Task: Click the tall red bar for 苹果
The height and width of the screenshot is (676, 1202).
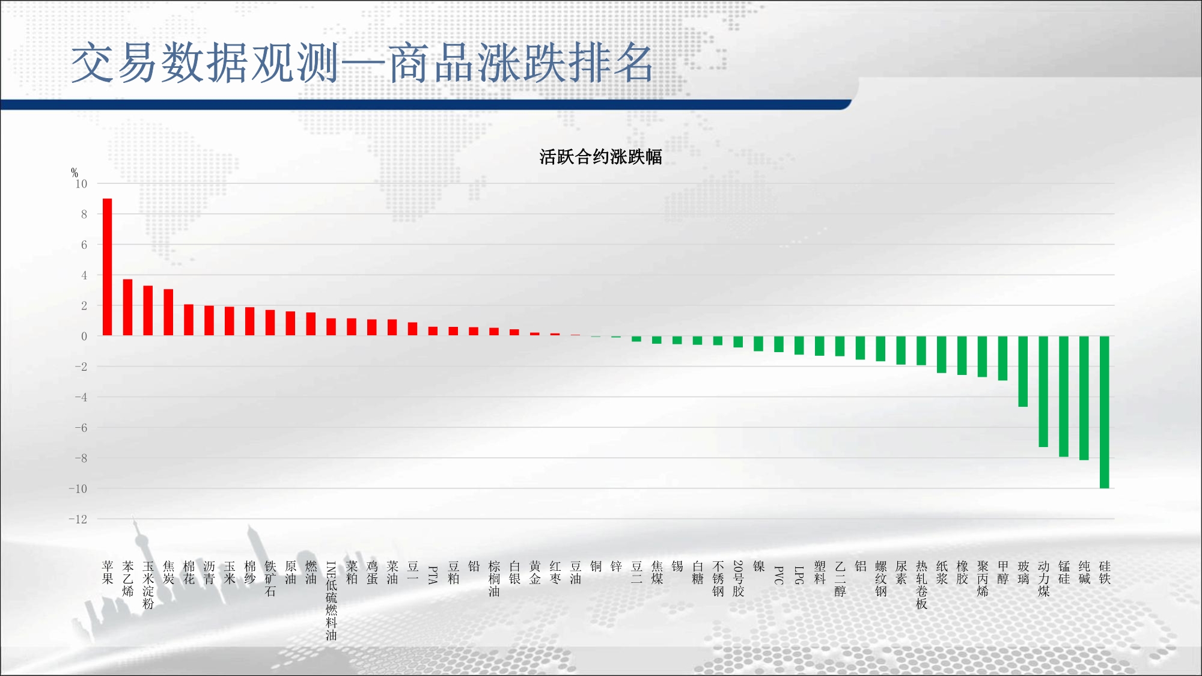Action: point(108,267)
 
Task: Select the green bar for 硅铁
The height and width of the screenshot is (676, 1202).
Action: point(1105,412)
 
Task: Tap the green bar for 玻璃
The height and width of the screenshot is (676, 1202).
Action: point(1023,371)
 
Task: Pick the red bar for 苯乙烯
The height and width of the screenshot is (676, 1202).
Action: point(127,308)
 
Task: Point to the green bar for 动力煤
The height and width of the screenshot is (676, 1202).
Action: point(1043,391)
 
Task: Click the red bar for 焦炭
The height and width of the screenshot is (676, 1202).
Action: point(168,312)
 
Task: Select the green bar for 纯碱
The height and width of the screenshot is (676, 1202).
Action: point(1084,398)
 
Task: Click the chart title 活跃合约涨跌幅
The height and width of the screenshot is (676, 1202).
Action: point(600,157)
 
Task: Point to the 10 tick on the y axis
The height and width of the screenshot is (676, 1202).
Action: point(81,184)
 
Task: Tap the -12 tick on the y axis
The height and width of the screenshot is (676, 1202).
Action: point(78,519)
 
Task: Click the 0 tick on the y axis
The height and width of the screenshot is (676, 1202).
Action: point(84,336)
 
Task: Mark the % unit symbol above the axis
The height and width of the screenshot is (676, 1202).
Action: point(75,173)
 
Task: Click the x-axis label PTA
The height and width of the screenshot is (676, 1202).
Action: point(433,575)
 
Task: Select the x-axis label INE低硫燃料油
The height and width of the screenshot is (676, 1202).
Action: point(331,601)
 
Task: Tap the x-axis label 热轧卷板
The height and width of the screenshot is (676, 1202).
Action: point(921,585)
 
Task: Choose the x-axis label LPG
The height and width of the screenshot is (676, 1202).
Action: point(799,575)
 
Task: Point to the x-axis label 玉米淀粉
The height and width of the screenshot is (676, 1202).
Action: point(148,585)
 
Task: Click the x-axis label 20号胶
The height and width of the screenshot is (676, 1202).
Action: point(738,579)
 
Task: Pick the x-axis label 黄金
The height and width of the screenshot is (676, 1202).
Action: point(535,573)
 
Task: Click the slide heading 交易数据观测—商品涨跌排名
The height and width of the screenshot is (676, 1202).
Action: point(362,63)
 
